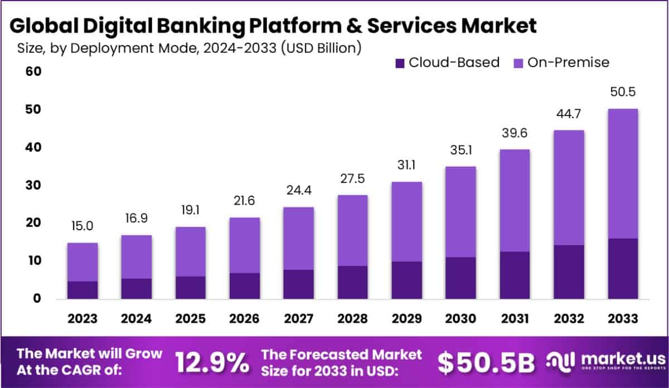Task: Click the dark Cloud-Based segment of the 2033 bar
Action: click(x=623, y=269)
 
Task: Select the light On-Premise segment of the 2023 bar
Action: click(x=83, y=262)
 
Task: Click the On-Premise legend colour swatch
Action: click(x=517, y=62)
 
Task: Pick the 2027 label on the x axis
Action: click(x=298, y=318)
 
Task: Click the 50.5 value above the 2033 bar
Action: click(x=623, y=92)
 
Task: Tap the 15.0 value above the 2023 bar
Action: click(x=83, y=227)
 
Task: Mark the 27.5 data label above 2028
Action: click(x=352, y=180)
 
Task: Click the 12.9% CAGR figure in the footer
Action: click(x=212, y=362)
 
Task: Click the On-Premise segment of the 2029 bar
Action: click(x=406, y=222)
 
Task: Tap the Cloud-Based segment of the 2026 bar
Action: click(x=244, y=286)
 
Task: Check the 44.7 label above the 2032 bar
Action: click(x=569, y=114)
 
